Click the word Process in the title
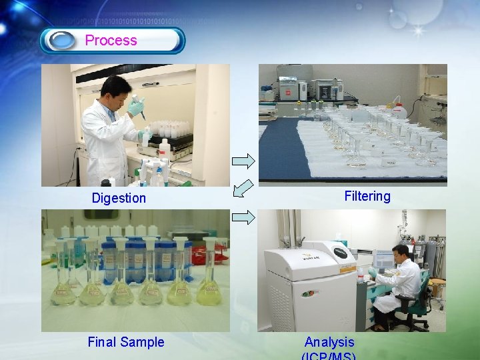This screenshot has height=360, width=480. click(x=111, y=40)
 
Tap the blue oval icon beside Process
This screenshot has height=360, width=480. click(x=64, y=41)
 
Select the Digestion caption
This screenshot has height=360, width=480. click(x=119, y=198)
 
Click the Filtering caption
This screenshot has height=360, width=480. click(x=367, y=196)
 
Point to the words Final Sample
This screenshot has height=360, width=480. click(x=125, y=342)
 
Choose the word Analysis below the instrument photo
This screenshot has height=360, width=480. click(x=329, y=343)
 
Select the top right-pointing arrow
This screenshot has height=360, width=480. click(x=243, y=161)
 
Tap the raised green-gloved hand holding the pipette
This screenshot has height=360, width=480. click(x=137, y=106)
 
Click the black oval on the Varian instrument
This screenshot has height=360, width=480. click(x=341, y=253)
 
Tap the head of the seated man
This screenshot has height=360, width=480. click(x=400, y=253)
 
